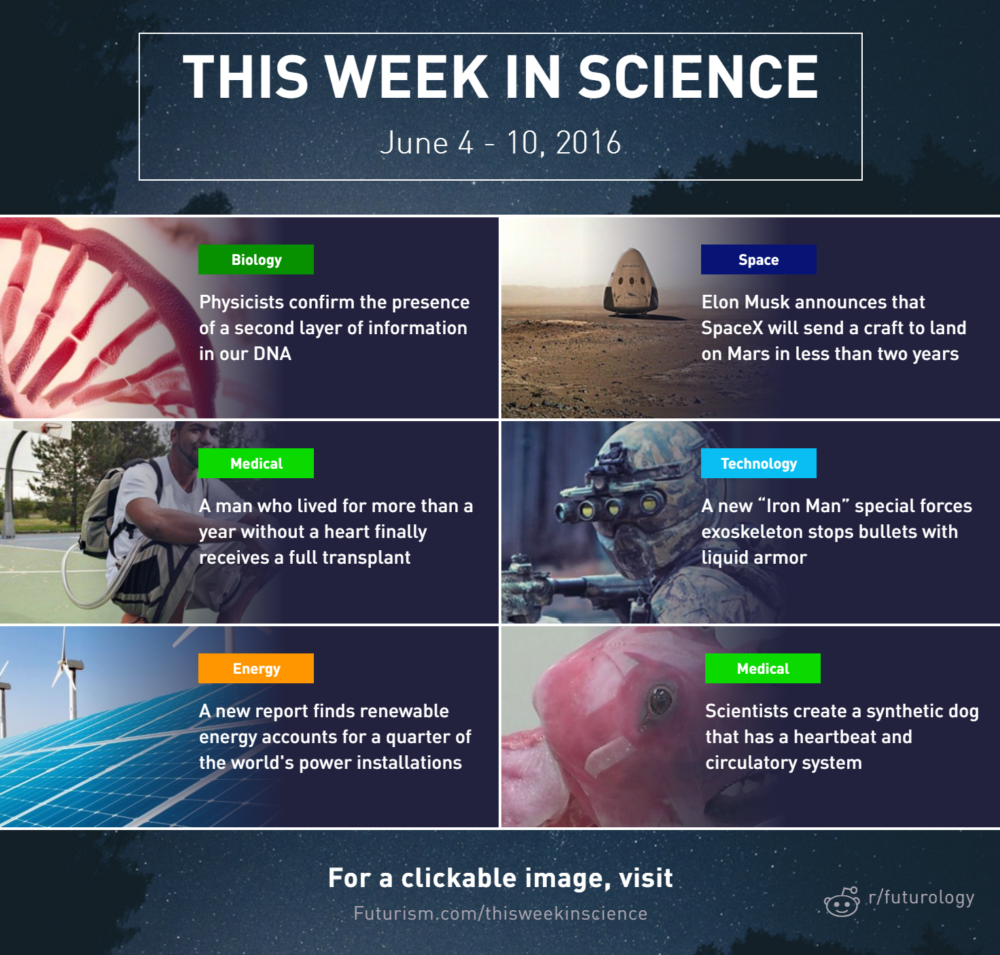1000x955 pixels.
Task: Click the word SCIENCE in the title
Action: point(698,77)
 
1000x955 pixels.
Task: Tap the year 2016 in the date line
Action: point(588,143)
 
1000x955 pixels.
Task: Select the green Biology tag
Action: point(256,259)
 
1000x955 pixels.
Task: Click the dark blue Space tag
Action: point(758,259)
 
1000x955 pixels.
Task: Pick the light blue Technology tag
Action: point(758,463)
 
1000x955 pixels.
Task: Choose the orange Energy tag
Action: point(256,668)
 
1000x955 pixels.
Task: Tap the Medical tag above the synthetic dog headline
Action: point(763,668)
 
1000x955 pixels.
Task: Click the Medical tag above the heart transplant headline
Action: point(256,463)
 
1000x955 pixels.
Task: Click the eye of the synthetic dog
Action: point(660,700)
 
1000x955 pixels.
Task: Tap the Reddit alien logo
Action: point(842,901)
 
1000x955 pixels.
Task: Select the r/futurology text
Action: point(921,897)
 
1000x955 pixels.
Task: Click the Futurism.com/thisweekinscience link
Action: point(501,914)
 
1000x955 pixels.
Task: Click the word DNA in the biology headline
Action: point(272,354)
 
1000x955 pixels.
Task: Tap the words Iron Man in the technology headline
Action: point(804,506)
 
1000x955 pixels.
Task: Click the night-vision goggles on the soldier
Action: point(607,501)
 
